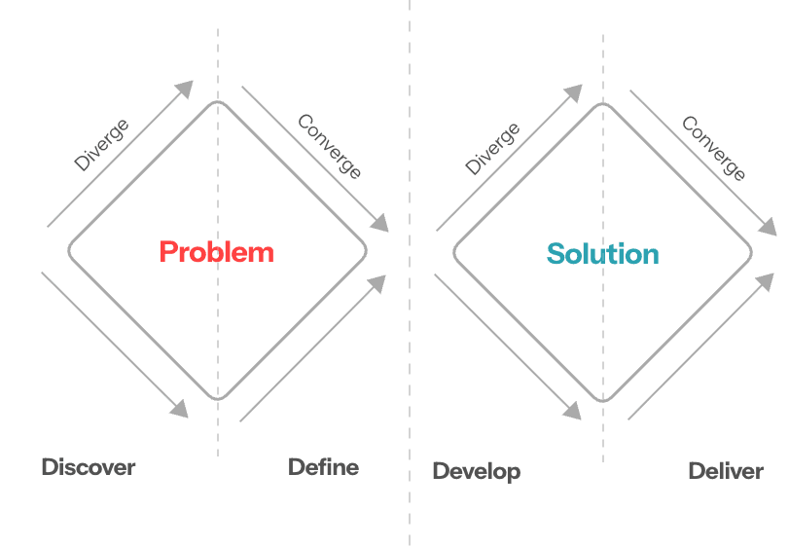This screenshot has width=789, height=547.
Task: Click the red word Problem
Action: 217,252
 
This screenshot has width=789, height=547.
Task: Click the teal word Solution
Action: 602,255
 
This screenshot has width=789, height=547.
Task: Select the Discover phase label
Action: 89,467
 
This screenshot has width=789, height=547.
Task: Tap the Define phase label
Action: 323,467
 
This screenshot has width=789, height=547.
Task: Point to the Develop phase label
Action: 476,471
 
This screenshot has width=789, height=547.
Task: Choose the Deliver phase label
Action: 725,471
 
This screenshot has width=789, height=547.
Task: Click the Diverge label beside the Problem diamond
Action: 102,144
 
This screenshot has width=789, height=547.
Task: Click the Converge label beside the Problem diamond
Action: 330,146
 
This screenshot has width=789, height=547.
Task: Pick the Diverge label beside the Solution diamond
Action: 492,148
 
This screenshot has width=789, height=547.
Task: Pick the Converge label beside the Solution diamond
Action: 713,148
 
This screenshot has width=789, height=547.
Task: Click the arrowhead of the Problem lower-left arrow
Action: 181,409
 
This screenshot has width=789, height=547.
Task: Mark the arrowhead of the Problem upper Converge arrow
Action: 380,223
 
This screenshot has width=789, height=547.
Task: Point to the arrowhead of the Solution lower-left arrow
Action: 573,411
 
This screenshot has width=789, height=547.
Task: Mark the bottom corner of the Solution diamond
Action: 603,401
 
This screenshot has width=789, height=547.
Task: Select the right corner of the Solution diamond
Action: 752,252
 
